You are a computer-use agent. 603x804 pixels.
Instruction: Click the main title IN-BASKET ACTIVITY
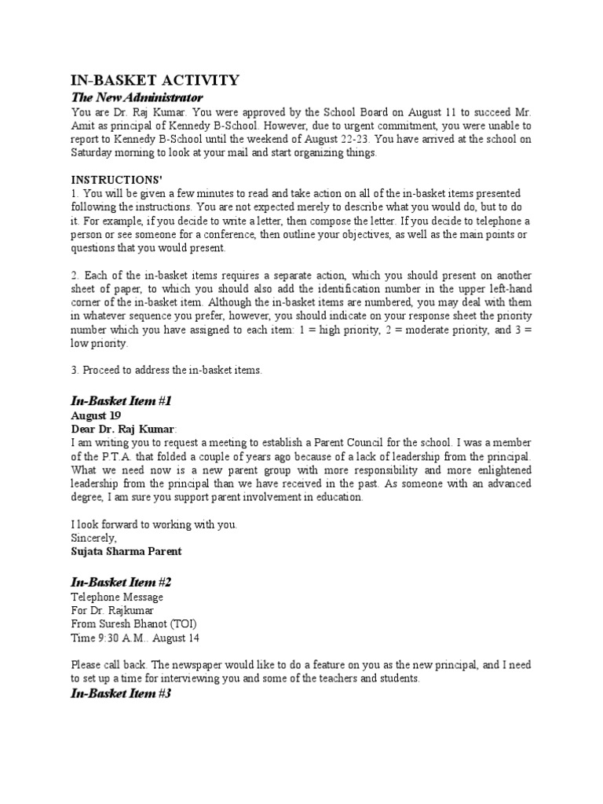tap(155, 80)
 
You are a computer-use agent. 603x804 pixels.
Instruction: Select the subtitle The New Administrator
tap(137, 97)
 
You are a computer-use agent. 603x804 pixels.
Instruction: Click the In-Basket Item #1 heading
tap(121, 401)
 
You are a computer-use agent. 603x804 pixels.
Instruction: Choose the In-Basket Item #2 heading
tap(121, 583)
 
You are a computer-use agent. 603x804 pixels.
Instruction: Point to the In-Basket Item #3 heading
tap(121, 694)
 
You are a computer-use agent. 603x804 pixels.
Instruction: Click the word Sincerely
tap(93, 538)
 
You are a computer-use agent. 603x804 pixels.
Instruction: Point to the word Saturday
tap(97, 153)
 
